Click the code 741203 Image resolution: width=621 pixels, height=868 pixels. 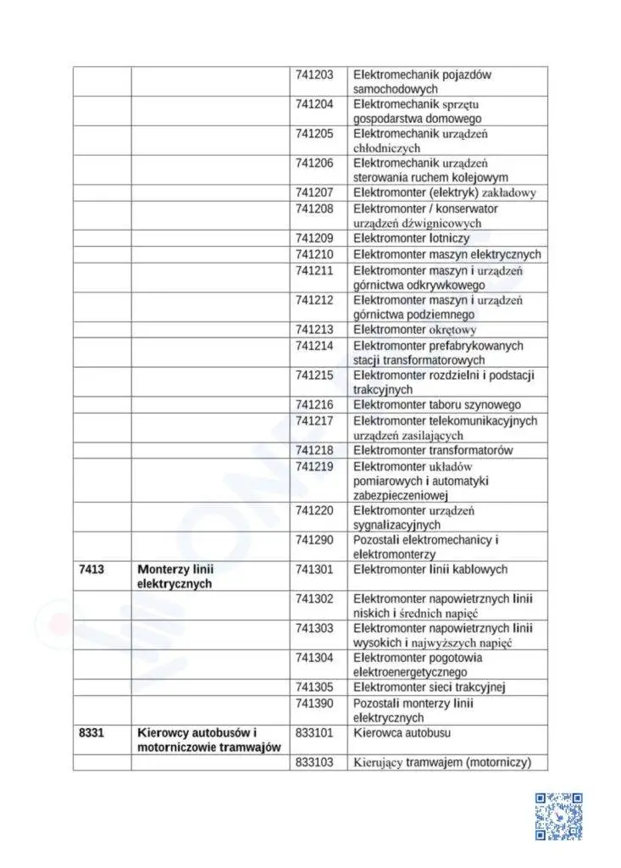pyautogui.click(x=314, y=75)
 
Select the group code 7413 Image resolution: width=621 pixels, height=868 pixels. pyautogui.click(x=91, y=570)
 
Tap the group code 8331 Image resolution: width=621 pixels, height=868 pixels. pyautogui.click(x=91, y=732)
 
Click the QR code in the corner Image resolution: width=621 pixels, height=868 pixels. pyautogui.click(x=558, y=816)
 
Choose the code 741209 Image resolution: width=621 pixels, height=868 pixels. pyautogui.click(x=314, y=238)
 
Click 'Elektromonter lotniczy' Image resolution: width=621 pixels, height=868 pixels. pyautogui.click(x=411, y=238)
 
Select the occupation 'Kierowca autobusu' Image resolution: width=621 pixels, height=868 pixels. pyautogui.click(x=402, y=732)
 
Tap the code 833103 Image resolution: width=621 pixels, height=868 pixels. pyautogui.click(x=314, y=762)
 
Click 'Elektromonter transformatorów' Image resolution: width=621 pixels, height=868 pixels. pyautogui.click(x=433, y=450)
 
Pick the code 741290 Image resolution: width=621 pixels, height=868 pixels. pyautogui.click(x=314, y=540)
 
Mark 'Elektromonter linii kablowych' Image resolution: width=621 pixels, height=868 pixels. pyautogui.click(x=430, y=570)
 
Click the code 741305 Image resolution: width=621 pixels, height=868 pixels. pyautogui.click(x=314, y=687)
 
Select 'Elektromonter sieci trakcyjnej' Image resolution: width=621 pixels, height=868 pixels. pyautogui.click(x=430, y=687)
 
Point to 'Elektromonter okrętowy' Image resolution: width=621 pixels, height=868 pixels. pyautogui.click(x=415, y=330)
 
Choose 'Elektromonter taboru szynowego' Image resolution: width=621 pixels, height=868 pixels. pyautogui.click(x=437, y=405)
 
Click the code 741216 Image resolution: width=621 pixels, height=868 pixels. pyautogui.click(x=314, y=405)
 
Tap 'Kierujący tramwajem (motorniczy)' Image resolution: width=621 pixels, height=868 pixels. pyautogui.click(x=442, y=762)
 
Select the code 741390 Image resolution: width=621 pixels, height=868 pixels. pyautogui.click(x=314, y=704)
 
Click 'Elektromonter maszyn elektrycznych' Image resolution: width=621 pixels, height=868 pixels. pyautogui.click(x=446, y=254)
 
